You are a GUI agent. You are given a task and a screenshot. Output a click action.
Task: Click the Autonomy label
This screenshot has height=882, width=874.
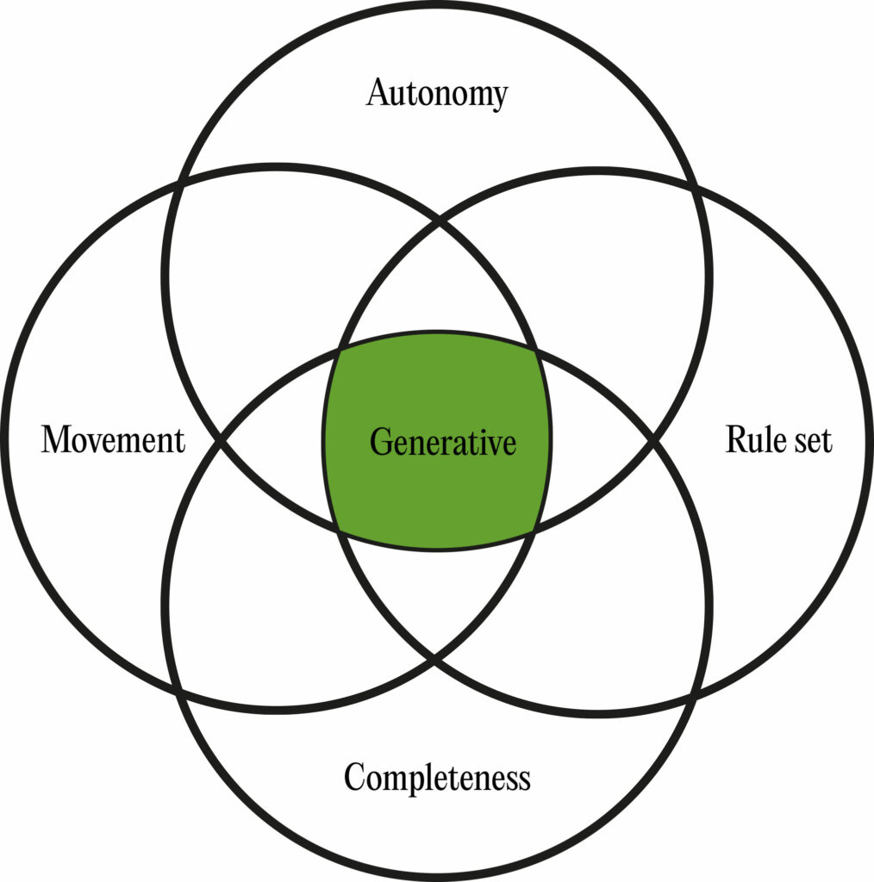437,93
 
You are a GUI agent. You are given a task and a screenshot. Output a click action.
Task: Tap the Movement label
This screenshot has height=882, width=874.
113,440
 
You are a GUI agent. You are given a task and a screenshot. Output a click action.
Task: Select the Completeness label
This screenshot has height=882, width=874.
437,778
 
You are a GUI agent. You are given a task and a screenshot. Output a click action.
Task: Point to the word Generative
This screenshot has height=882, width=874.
443,443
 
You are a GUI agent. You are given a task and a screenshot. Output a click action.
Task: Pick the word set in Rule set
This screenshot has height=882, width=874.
812,441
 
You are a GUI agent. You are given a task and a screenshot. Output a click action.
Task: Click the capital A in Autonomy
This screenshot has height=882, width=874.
377,93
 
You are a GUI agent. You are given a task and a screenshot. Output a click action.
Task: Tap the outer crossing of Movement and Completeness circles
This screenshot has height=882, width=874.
178,693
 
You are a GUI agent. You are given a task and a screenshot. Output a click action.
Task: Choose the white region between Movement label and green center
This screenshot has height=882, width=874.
276,441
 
